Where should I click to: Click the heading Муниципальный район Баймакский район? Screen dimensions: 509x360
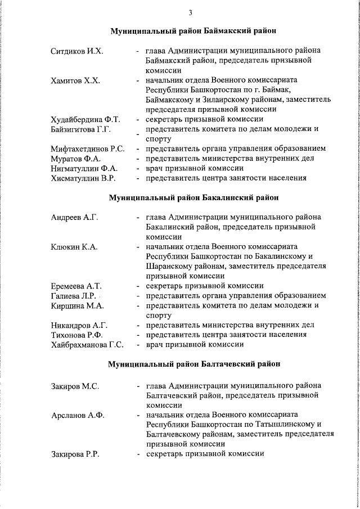click(x=193, y=30)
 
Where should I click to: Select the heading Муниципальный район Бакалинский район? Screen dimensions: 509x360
click(x=193, y=197)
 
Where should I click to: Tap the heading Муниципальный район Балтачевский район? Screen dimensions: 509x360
click(x=193, y=364)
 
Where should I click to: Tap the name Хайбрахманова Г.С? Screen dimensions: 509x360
click(x=87, y=344)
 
